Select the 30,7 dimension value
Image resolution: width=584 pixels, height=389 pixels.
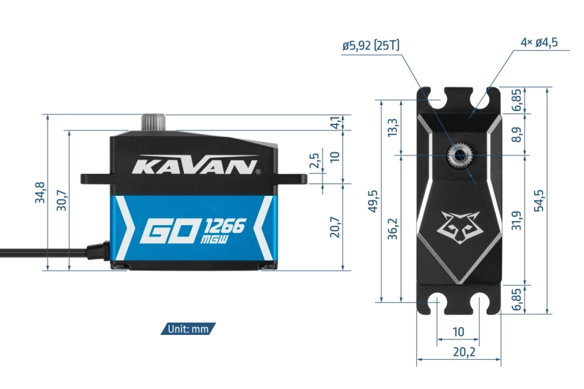click(x=62, y=201)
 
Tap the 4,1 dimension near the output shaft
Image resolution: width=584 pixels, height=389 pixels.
click(x=335, y=122)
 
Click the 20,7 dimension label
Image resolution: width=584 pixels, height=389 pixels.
click(x=335, y=227)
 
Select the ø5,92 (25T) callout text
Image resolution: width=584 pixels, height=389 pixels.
click(x=370, y=45)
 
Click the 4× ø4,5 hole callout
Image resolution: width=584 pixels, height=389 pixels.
click(x=539, y=43)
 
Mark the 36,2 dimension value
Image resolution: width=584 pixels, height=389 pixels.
click(x=393, y=226)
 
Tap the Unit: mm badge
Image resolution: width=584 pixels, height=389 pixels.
click(x=188, y=329)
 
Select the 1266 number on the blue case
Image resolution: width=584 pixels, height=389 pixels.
click(x=225, y=226)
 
